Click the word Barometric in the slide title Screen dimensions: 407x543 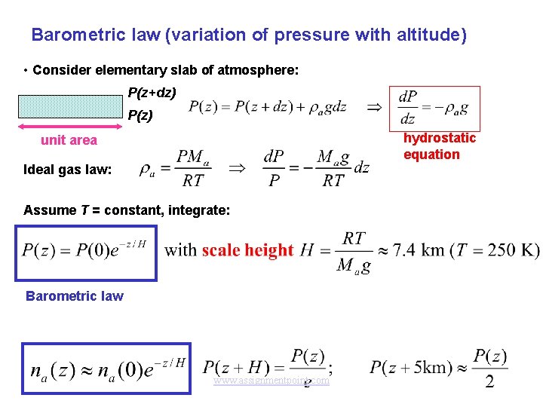[67, 35]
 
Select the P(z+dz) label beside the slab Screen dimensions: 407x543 [152, 93]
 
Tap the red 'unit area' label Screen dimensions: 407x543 [69, 140]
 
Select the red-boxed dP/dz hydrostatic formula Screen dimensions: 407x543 [433, 108]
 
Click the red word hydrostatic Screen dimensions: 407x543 [440, 138]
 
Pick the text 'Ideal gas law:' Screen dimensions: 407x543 [68, 170]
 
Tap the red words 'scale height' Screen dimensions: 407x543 [247, 250]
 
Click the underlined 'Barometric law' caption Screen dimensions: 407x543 [74, 296]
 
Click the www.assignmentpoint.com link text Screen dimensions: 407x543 [271, 381]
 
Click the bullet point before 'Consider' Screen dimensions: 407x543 [26, 71]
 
